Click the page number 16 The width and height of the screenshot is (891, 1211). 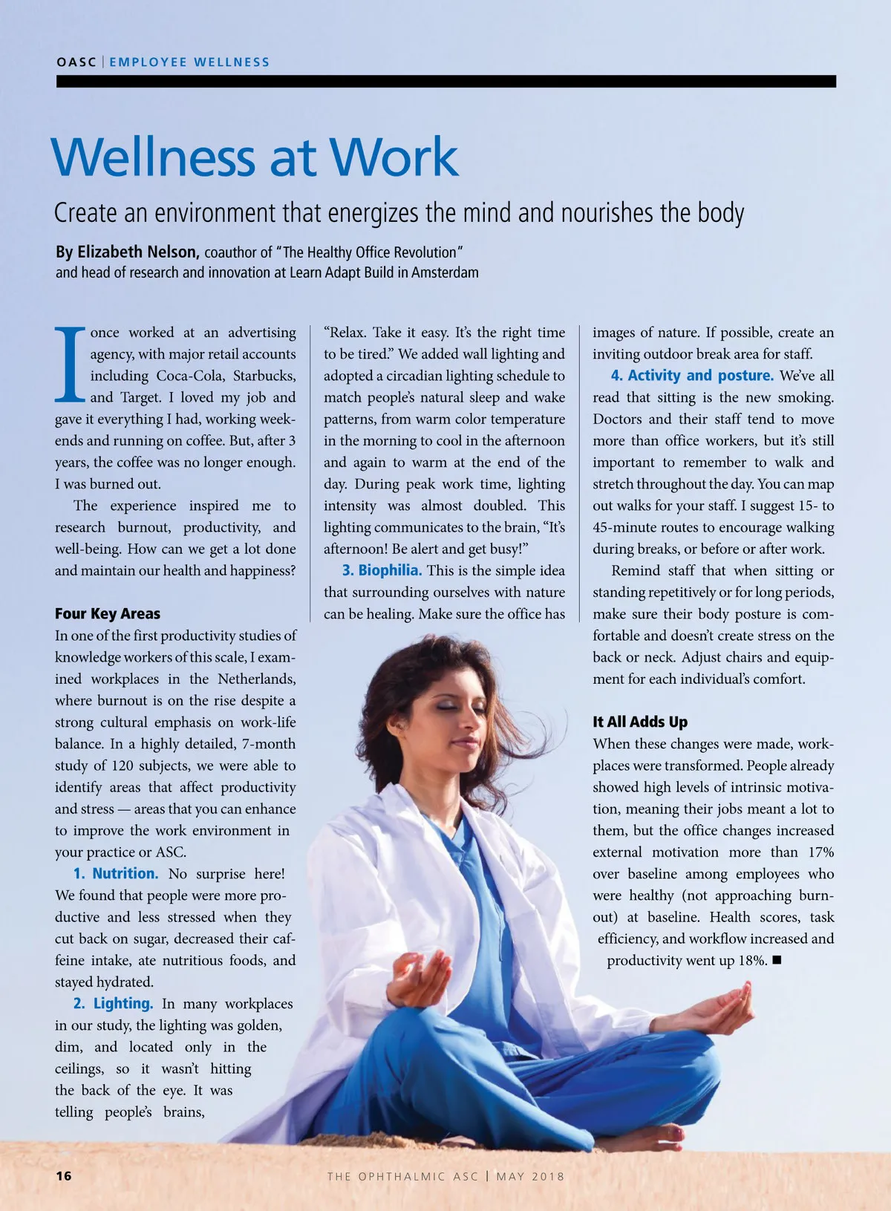64,1175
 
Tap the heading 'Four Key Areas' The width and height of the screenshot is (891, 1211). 108,614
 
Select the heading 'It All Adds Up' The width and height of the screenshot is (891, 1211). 640,722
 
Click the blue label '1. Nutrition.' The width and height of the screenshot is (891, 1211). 116,874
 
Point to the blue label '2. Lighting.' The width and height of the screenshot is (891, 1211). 114,1004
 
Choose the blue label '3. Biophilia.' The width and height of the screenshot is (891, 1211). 382,571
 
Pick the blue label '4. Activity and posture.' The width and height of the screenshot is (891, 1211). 692,376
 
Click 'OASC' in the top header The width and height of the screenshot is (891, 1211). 76,62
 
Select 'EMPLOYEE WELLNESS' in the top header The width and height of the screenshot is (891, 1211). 189,62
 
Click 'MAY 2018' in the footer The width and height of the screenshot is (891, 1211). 530,1176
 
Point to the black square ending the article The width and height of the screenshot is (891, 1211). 777,960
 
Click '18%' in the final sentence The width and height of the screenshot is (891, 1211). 752,961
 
